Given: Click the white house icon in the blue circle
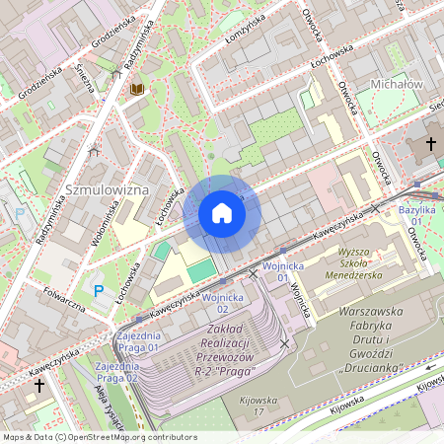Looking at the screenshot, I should click(x=222, y=214).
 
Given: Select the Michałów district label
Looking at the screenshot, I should click(x=396, y=85).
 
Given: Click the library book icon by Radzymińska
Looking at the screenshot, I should click(x=137, y=90).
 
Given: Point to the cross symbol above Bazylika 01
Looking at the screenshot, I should click(x=430, y=145).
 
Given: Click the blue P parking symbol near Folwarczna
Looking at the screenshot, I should click(x=97, y=290).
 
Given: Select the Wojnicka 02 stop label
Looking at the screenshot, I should click(x=222, y=303).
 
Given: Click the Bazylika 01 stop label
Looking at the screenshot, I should click(x=416, y=217).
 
